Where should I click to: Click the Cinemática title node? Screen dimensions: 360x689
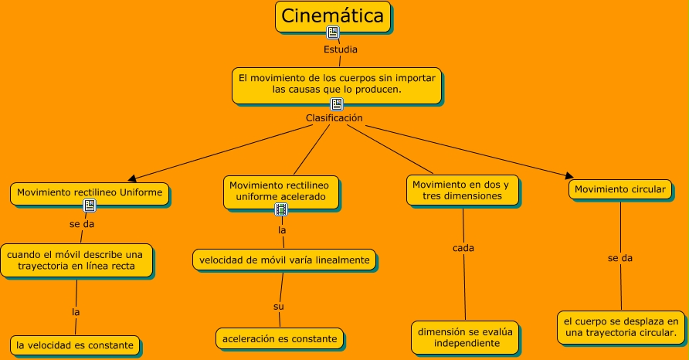(332, 16)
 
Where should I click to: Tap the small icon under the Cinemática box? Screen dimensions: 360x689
(333, 32)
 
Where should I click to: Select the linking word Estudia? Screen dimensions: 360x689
(340, 49)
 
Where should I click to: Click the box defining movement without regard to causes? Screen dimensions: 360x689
(337, 84)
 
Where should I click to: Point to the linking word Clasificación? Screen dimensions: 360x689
(334, 118)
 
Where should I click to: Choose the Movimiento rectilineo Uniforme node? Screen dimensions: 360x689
(90, 192)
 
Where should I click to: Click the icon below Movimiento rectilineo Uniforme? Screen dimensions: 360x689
(90, 205)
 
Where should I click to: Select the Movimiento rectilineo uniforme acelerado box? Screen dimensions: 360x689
(283, 191)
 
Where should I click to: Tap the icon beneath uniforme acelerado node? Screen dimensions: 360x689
(281, 209)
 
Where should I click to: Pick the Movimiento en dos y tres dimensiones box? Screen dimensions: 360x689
(460, 190)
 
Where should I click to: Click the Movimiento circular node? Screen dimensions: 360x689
(619, 188)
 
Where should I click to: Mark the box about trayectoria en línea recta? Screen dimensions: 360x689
(76, 260)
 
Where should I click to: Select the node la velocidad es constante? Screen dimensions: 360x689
(76, 344)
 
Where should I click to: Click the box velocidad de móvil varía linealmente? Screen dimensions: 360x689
(284, 260)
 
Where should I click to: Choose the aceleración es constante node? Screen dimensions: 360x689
(280, 338)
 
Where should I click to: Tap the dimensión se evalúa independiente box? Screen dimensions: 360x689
(465, 338)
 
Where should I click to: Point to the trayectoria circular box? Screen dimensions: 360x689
(621, 327)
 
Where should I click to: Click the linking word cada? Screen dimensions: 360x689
(463, 248)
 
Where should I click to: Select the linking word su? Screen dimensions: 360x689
(279, 307)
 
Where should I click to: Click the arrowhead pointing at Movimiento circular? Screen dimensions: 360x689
(570, 176)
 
